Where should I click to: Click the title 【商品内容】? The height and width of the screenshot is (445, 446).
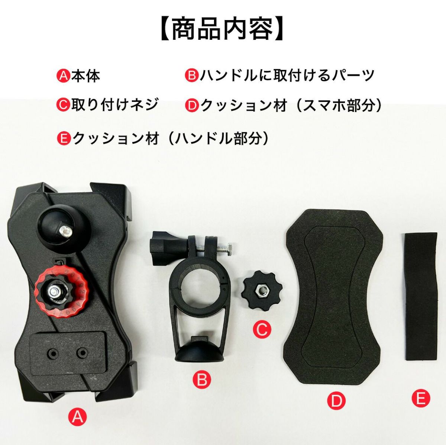222,30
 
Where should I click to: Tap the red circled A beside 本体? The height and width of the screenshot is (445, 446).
63,77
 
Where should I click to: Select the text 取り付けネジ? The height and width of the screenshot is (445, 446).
114,105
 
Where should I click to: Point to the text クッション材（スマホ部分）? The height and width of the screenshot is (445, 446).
291,105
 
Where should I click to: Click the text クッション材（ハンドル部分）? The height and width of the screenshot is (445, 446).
171,139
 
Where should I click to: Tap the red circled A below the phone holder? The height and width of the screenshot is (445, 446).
78,423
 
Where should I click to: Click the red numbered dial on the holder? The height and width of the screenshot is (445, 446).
61,292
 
